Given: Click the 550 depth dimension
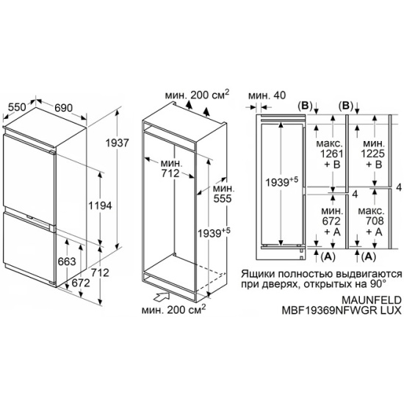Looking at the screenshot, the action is point(17,107).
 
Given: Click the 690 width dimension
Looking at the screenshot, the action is point(63,108).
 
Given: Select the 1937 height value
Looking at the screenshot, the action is point(118,143).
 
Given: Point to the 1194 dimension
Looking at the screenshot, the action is point(100,206).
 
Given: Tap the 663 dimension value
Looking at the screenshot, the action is point(67,261).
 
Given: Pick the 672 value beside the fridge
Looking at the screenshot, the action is point(81,283).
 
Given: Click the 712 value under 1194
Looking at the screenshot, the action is point(100,273).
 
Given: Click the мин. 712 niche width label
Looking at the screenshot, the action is point(170,168).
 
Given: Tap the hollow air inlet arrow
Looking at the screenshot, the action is point(162,296).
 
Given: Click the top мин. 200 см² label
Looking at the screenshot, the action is point(197,95).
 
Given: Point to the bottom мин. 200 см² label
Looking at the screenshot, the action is point(174,309).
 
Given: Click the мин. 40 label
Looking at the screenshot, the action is point(267,95).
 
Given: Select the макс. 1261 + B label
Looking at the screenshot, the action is point(330,154).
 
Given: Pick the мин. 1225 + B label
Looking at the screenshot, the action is point(372,154).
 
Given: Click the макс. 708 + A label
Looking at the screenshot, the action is point(371,221).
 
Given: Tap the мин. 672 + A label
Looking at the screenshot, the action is point(332,221).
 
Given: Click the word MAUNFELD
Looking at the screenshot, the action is point(371,300).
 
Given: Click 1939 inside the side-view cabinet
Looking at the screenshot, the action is point(277,183).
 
